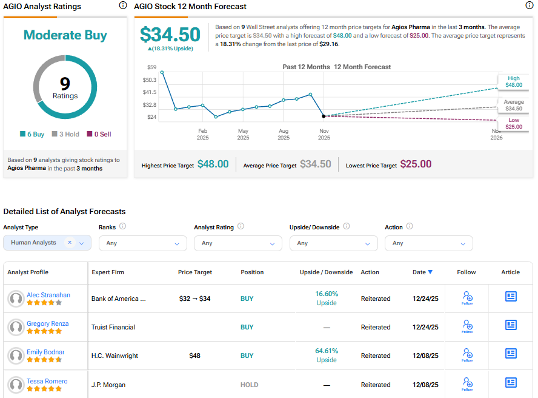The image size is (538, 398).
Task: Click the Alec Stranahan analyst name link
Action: (48, 295)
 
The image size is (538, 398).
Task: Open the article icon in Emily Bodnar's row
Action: (511, 354)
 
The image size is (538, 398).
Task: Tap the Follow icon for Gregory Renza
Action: (467, 326)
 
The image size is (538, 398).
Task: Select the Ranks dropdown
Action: (142, 243)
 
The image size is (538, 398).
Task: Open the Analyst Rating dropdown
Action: (237, 243)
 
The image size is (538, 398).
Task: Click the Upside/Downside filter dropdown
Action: (333, 243)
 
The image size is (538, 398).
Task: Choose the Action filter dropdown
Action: (428, 243)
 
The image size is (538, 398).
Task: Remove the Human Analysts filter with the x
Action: (70, 243)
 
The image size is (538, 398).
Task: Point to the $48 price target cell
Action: (194, 356)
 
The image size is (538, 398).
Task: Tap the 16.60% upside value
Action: (327, 294)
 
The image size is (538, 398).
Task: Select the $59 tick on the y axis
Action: (151, 67)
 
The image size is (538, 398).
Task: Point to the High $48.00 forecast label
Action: (514, 82)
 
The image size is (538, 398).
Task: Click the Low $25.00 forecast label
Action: (514, 124)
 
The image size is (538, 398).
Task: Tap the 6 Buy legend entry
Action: (32, 134)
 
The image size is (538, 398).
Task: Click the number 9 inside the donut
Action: (65, 84)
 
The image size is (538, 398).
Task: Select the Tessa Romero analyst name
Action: (47, 381)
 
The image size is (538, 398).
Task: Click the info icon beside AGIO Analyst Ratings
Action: (123, 5)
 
